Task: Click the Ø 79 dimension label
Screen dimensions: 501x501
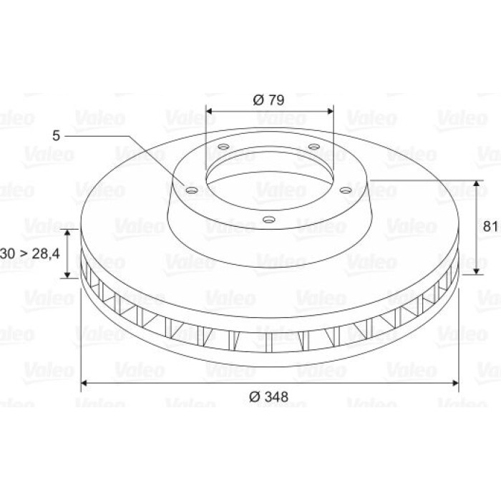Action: click(268, 100)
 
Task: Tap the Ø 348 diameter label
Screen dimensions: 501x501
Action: click(268, 397)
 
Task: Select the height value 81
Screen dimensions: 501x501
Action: click(490, 227)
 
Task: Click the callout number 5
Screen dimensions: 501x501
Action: click(56, 136)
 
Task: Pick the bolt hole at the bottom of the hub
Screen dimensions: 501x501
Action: click(269, 220)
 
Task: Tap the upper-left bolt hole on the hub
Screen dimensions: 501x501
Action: click(223, 147)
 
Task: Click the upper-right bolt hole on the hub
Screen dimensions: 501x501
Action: click(314, 147)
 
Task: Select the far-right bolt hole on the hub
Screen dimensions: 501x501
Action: click(346, 190)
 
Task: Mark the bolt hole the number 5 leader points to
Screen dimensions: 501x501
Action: click(192, 191)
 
